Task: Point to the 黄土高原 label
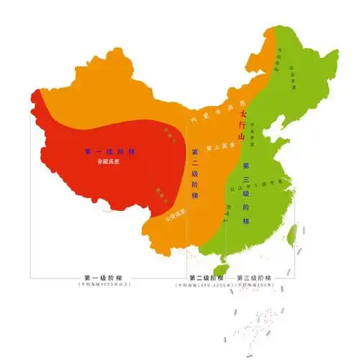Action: (x=217, y=147)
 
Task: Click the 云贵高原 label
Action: (x=175, y=214)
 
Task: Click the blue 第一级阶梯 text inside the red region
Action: (x=110, y=151)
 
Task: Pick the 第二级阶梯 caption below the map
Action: (x=204, y=278)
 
